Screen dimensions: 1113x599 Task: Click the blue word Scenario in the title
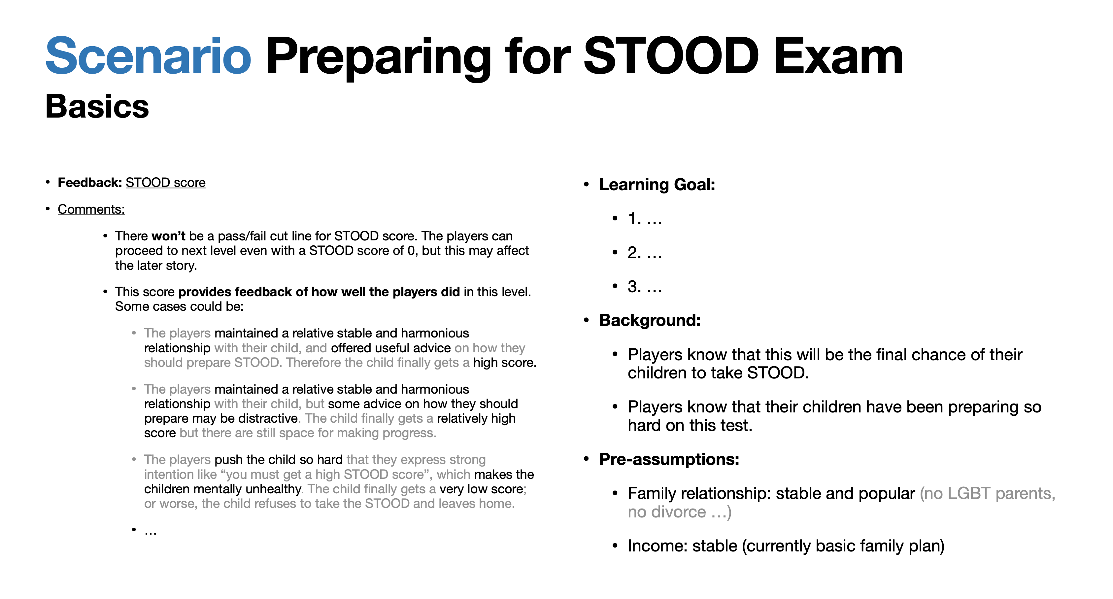pos(148,56)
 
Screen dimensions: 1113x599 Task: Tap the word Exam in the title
pos(838,56)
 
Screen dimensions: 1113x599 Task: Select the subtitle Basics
pos(97,106)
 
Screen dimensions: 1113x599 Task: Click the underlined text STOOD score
pos(165,182)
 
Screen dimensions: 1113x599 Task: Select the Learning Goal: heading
pos(657,185)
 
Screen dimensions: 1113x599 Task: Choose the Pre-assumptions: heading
pos(669,459)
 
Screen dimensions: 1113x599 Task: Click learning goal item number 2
pos(645,253)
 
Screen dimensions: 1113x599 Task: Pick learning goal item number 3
pos(645,287)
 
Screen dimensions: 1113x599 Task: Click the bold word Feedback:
pos(90,182)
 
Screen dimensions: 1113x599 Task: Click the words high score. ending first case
pos(505,363)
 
